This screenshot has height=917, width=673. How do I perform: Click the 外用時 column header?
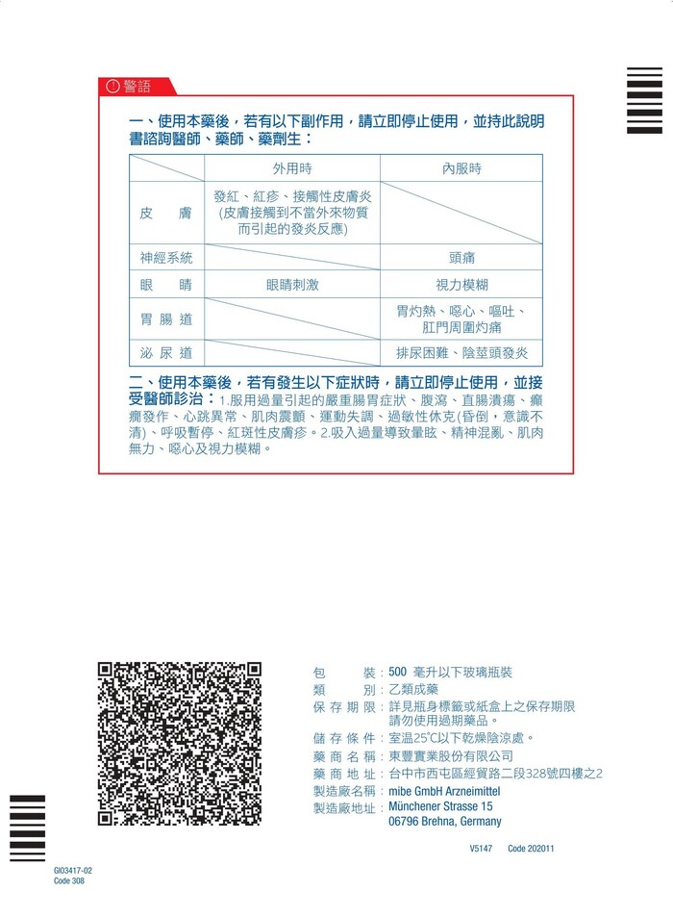(292, 167)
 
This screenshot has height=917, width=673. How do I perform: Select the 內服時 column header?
(461, 167)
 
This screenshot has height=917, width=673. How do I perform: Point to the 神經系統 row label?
(165, 257)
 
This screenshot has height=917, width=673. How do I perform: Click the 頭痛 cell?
(461, 258)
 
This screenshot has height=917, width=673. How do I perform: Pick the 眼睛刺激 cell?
(292, 285)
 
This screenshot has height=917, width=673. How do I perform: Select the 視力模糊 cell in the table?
(461, 285)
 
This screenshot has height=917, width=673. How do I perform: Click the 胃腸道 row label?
(165, 318)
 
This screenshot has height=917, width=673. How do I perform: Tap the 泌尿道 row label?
(165, 352)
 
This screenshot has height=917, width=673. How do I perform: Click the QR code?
(180, 744)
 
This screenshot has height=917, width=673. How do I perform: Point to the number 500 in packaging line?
(398, 672)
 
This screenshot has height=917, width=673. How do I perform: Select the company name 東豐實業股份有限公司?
(452, 755)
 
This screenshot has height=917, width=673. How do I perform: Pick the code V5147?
(481, 849)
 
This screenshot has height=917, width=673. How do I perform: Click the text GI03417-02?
(73, 870)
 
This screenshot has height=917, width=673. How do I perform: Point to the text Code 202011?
(531, 849)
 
